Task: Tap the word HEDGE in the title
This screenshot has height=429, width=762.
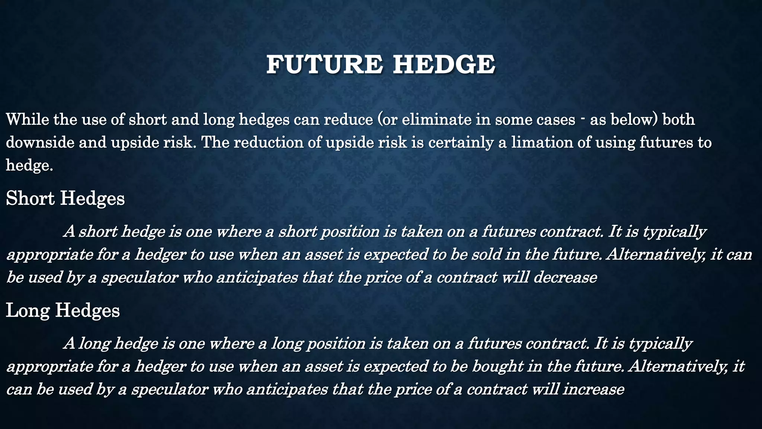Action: coord(444,64)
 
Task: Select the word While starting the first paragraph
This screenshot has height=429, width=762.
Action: coord(28,120)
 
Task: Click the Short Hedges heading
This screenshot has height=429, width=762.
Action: coord(65,198)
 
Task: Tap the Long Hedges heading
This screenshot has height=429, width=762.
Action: coord(63,310)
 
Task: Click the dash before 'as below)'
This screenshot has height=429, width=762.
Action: coord(582,119)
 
